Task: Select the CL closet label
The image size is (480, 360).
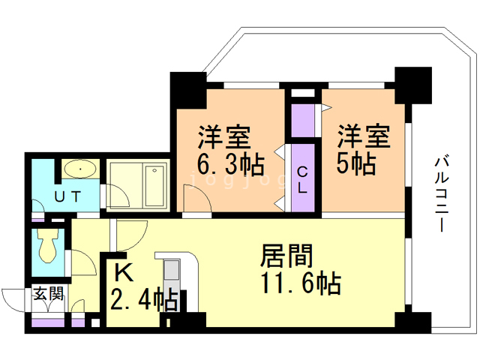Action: pos(302,178)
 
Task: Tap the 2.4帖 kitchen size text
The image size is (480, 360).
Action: pos(145,301)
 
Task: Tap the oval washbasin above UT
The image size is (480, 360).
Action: pos(78,169)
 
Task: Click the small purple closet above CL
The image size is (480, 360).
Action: pos(303,118)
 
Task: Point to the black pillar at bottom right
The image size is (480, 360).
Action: pos(410,322)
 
